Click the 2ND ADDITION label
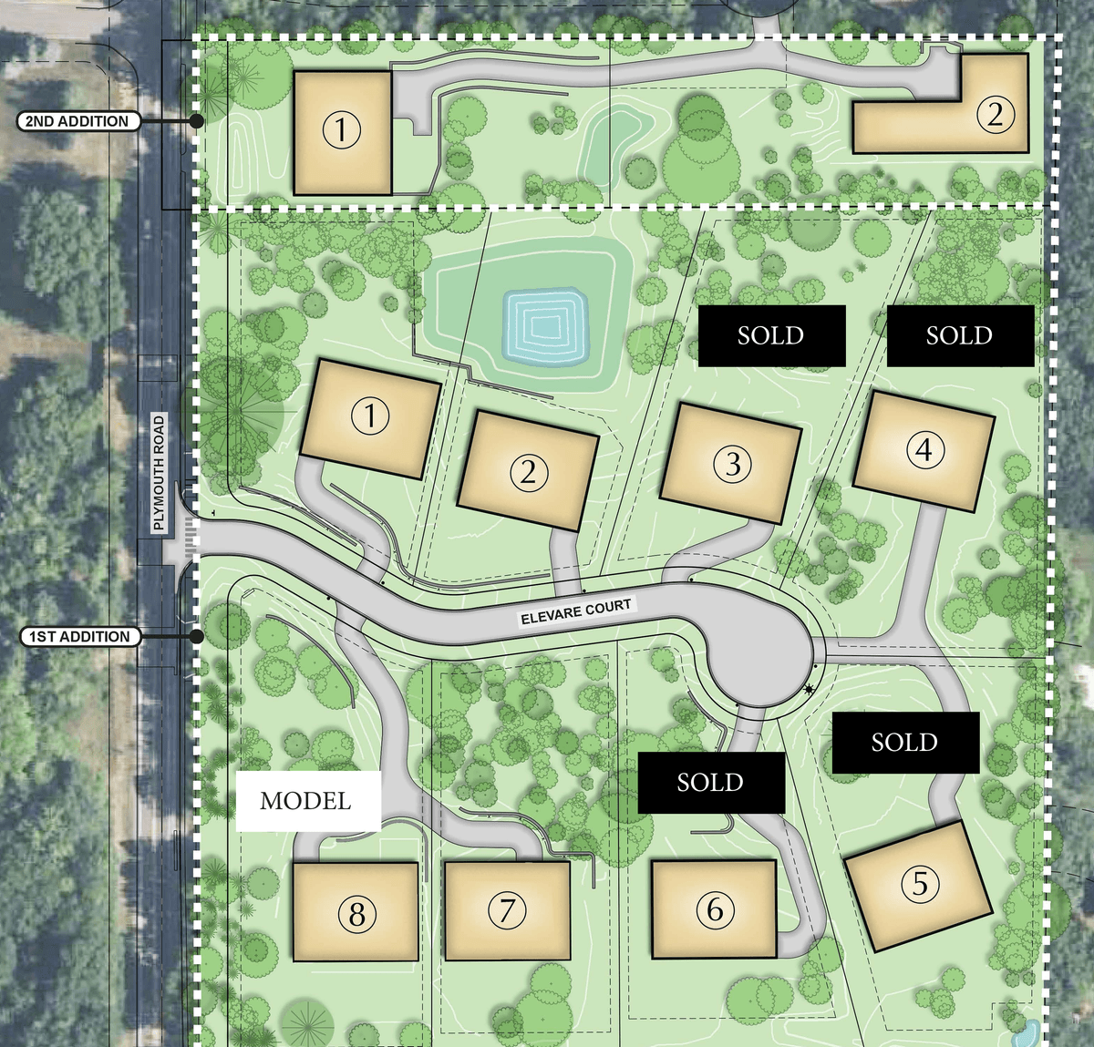click(x=77, y=121)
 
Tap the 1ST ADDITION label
click(x=79, y=637)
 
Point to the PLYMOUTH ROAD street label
click(x=160, y=472)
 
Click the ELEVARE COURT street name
click(x=575, y=611)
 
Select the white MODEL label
click(x=306, y=801)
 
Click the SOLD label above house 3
click(x=771, y=335)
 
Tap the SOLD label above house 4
click(x=960, y=335)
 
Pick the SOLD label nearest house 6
click(x=710, y=782)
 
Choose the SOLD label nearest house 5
click(x=904, y=743)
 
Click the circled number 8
click(x=356, y=914)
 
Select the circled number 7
click(x=508, y=909)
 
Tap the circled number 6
click(x=715, y=908)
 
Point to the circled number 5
click(x=920, y=883)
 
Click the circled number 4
click(x=924, y=449)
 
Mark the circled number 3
click(x=732, y=464)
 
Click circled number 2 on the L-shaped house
click(x=995, y=114)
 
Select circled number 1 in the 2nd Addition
click(x=341, y=129)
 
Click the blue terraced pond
click(x=545, y=325)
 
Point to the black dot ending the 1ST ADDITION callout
click(x=196, y=636)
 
